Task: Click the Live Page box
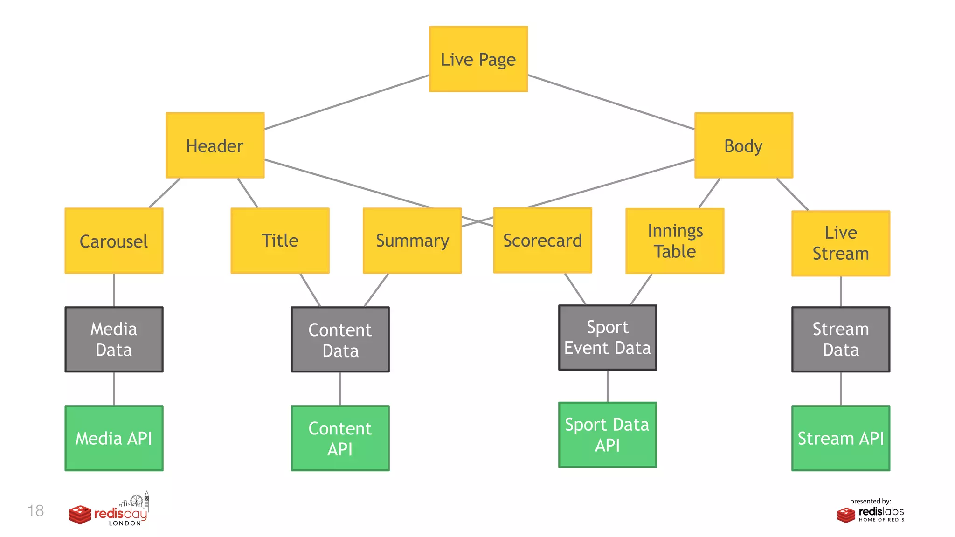(x=478, y=59)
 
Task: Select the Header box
(x=215, y=145)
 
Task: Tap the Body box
(x=743, y=145)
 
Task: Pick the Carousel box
(x=114, y=241)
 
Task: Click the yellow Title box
(x=280, y=241)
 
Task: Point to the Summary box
(x=412, y=241)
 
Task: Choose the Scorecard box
(x=542, y=241)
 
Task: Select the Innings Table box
(x=675, y=241)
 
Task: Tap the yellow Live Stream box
(x=840, y=243)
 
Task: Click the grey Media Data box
(x=114, y=339)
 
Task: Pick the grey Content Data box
(x=340, y=339)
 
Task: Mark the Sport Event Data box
(x=607, y=337)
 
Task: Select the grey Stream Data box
(x=840, y=339)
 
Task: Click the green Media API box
(x=114, y=438)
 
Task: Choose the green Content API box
(x=340, y=438)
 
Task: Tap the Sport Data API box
(x=607, y=435)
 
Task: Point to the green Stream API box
(x=840, y=438)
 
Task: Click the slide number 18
(x=36, y=511)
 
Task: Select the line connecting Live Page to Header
(x=346, y=102)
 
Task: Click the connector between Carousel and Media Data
(x=114, y=290)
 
